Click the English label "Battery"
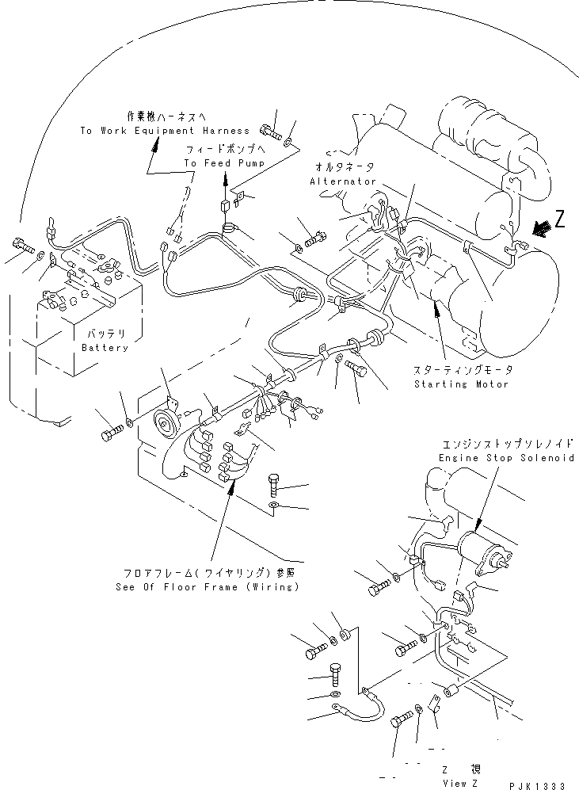click(x=105, y=348)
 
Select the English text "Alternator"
click(x=343, y=181)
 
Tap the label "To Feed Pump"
click(x=224, y=163)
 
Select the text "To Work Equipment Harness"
click(x=165, y=130)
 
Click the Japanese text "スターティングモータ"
click(x=463, y=371)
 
